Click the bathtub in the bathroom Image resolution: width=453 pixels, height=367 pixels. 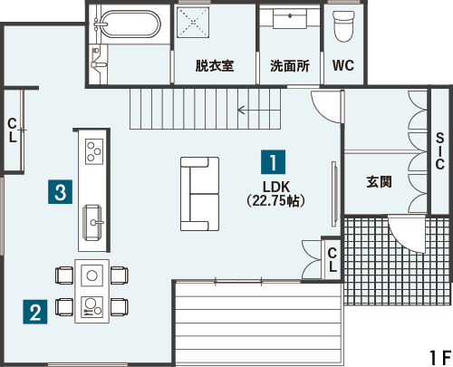click(x=130, y=24)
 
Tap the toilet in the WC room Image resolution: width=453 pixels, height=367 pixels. click(x=343, y=26)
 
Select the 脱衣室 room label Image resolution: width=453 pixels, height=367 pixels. click(x=215, y=65)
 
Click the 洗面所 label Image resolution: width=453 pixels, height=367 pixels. click(x=290, y=65)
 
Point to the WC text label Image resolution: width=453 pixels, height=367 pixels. click(x=343, y=65)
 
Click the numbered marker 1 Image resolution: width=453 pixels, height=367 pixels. click(x=273, y=162)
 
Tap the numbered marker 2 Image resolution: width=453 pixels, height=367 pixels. click(x=35, y=312)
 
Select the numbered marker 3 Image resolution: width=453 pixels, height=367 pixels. click(x=61, y=192)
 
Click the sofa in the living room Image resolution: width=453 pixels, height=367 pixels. click(x=199, y=194)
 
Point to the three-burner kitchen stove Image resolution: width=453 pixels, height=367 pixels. click(x=94, y=151)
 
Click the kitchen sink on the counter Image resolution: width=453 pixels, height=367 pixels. click(x=92, y=223)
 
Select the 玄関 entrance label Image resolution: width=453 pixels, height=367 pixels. click(x=379, y=182)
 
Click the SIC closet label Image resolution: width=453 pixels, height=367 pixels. click(x=440, y=151)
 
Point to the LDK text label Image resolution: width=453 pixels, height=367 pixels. click(x=276, y=188)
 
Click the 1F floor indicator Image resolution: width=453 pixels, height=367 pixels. click(x=440, y=358)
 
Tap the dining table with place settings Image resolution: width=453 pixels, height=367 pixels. click(x=92, y=292)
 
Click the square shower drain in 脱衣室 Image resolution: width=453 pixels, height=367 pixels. click(x=193, y=23)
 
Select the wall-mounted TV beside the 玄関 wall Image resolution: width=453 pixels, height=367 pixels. click(x=333, y=194)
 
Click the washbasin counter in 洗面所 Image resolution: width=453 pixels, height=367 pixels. click(x=290, y=18)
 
